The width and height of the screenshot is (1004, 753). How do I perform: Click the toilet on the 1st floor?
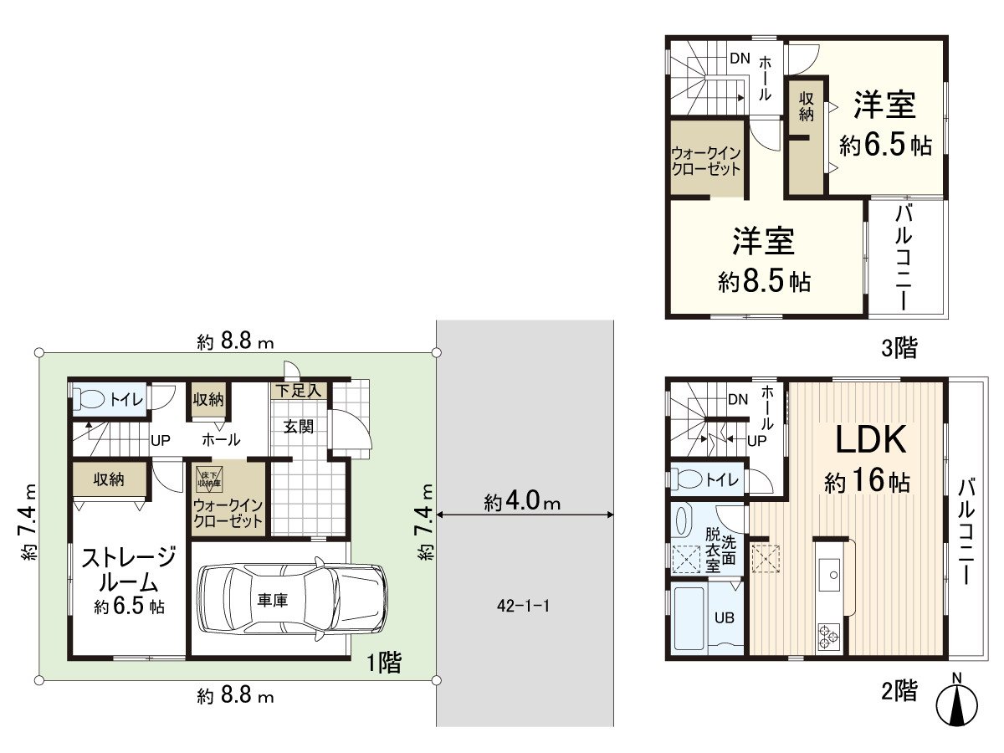click(x=93, y=399)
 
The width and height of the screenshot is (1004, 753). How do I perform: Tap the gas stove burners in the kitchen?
click(x=829, y=635)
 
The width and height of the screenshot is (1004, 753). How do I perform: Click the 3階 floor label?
click(x=899, y=347)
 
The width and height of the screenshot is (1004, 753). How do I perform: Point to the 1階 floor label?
click(x=384, y=663)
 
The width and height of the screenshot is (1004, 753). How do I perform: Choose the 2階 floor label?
click(x=899, y=690)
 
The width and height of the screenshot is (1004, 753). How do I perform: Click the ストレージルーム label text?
click(x=127, y=569)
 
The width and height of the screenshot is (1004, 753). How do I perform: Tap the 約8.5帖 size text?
click(x=764, y=282)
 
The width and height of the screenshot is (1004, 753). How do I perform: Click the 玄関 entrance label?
click(x=297, y=427)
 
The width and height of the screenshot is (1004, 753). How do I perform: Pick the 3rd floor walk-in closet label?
click(x=706, y=161)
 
